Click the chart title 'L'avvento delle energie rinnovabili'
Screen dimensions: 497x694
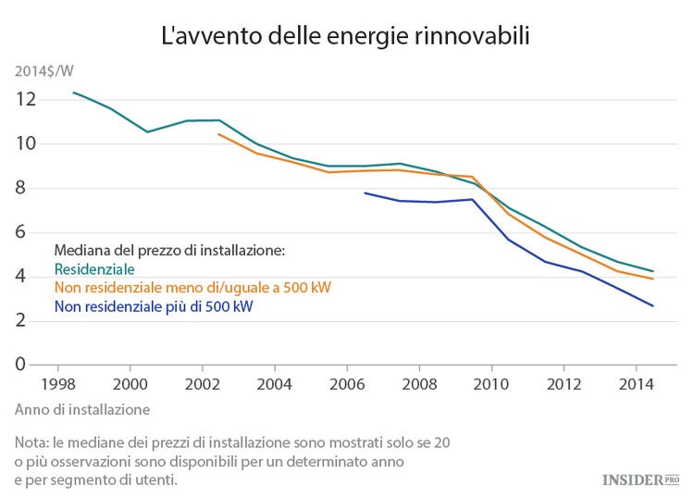[346, 36]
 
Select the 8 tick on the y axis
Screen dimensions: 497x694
[30, 188]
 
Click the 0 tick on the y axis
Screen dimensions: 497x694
[30, 365]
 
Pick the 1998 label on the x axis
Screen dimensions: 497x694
[57, 383]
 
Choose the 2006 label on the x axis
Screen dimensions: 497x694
[346, 383]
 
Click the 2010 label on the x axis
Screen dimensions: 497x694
[491, 383]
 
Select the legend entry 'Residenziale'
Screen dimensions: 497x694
[94, 269]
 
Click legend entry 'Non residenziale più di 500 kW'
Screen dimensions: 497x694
[154, 306]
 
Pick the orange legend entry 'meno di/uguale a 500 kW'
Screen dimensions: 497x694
[192, 288]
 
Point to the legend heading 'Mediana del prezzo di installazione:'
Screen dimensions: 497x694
[168, 251]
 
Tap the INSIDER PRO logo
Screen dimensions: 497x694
[640, 479]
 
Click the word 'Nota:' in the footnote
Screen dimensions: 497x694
[34, 443]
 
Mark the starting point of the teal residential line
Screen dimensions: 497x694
[73, 93]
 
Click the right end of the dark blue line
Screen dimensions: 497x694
[654, 306]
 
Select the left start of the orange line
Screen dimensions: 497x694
[218, 134]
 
